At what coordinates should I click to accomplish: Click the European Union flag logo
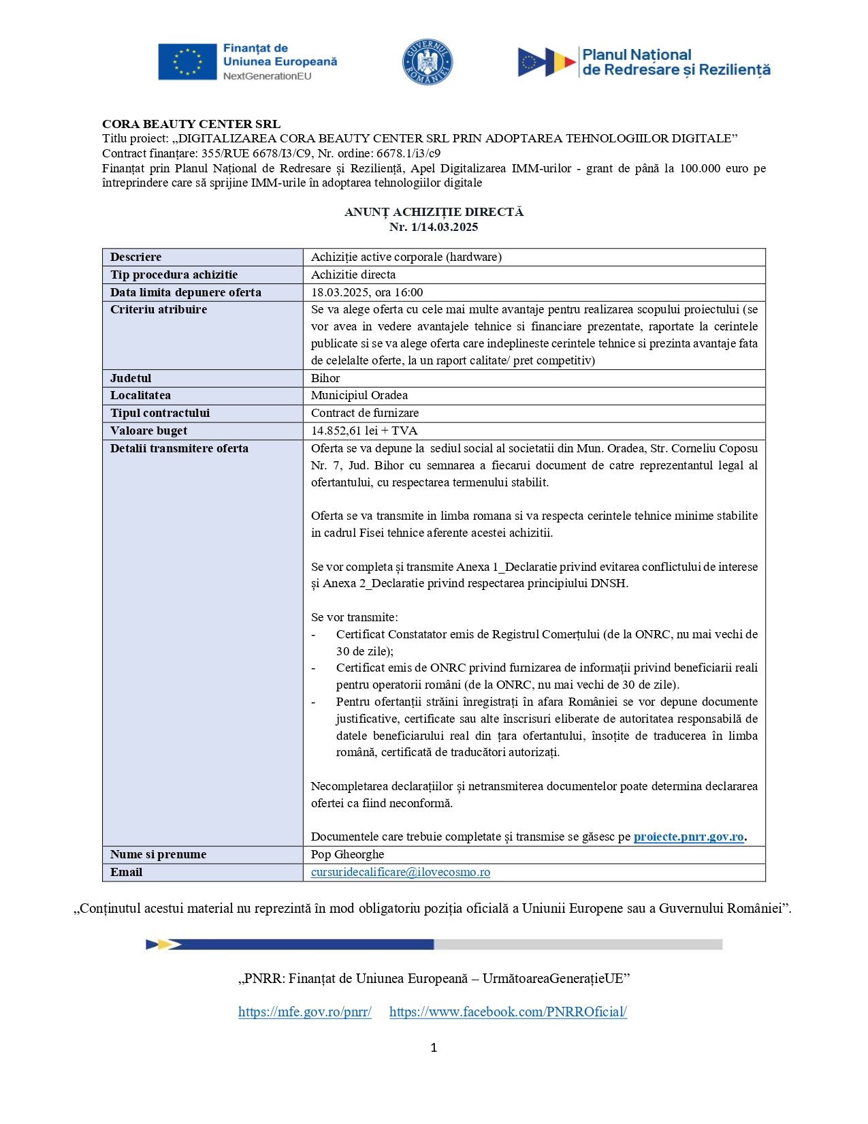click(187, 62)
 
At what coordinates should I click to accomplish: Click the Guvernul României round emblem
click(427, 62)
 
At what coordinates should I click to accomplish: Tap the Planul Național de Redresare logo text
click(676, 62)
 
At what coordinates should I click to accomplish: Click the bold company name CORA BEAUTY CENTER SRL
click(191, 124)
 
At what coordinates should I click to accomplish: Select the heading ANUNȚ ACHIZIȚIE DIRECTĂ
click(434, 212)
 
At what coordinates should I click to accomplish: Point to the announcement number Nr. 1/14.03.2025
click(434, 227)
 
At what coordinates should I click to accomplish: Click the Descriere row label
click(136, 257)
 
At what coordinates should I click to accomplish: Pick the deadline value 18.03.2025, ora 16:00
click(367, 292)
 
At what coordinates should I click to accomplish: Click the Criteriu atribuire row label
click(159, 309)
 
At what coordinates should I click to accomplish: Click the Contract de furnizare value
click(365, 413)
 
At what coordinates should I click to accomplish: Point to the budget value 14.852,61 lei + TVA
click(364, 431)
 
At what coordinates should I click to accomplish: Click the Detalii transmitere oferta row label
click(179, 448)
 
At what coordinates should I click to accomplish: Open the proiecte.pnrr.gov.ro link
click(688, 837)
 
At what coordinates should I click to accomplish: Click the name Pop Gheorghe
click(347, 854)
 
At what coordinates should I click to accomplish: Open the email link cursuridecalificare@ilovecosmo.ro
click(400, 872)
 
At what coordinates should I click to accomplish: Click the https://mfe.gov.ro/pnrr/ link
click(304, 1012)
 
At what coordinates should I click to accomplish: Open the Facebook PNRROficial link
click(508, 1012)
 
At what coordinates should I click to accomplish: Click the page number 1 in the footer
click(434, 1048)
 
